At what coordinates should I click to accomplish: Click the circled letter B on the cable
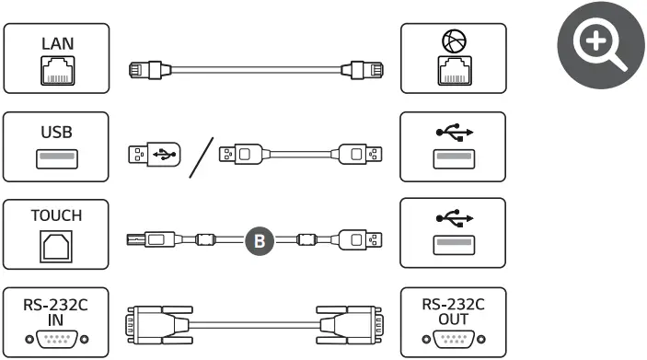pos(260,241)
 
